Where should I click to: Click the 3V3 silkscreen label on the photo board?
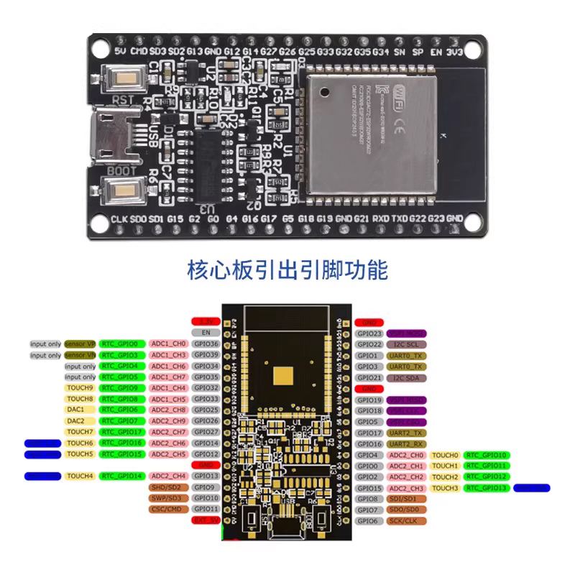click(454, 51)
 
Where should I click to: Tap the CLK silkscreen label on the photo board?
click(119, 218)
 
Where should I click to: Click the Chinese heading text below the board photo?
click(287, 270)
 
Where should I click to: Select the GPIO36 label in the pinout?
click(207, 344)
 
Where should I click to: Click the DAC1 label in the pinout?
click(76, 410)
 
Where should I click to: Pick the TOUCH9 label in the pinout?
click(80, 388)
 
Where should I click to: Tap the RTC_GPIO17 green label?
click(124, 432)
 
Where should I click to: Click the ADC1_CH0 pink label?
click(170, 344)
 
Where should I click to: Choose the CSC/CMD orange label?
click(166, 509)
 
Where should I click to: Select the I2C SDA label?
click(407, 377)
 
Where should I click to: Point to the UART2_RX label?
click(407, 444)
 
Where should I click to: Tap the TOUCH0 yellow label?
click(446, 455)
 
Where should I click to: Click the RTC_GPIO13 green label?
click(486, 488)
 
